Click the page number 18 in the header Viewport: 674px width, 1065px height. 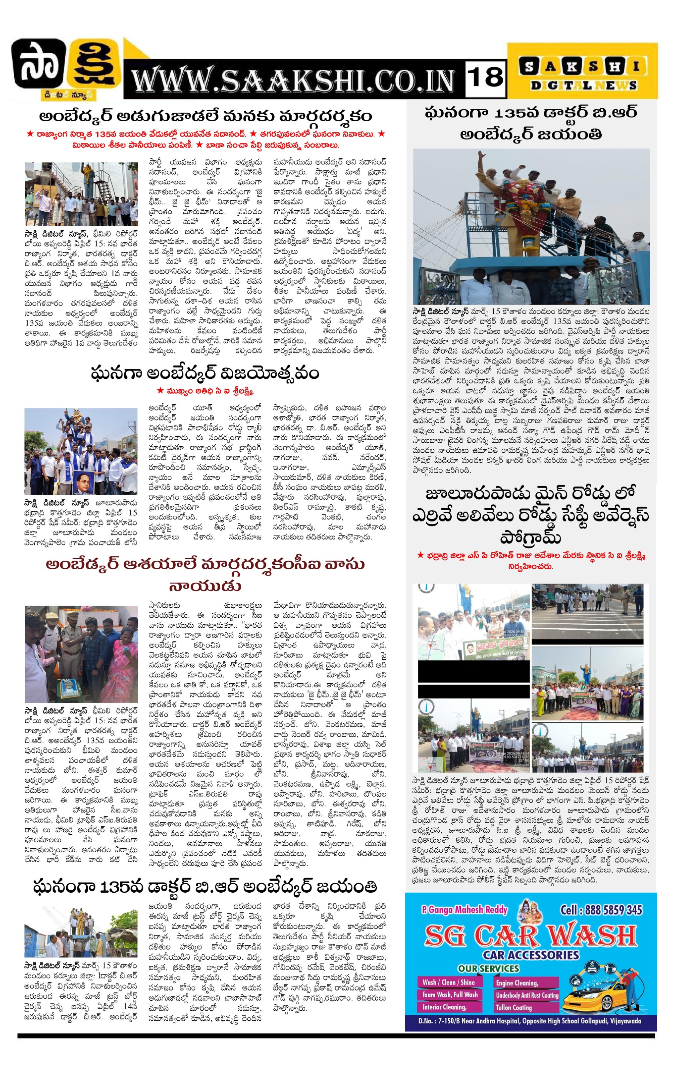(x=485, y=78)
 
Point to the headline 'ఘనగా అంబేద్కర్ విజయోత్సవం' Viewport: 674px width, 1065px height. (x=205, y=373)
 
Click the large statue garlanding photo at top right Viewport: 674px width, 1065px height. (x=531, y=226)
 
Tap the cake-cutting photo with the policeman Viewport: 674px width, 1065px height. (x=81, y=654)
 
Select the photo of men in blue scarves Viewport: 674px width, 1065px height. (x=81, y=451)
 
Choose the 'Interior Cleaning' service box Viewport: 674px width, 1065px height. (x=444, y=1007)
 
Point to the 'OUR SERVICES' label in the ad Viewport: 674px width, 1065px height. (x=488, y=968)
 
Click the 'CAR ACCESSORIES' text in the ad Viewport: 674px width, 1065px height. (x=531, y=955)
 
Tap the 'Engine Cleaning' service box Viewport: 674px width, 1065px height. (x=517, y=983)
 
